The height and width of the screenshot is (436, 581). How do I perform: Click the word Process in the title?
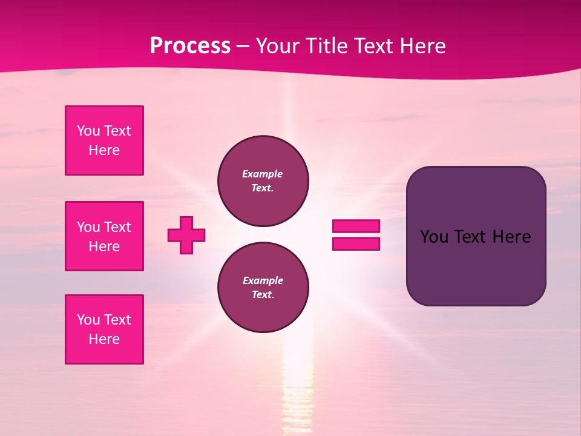pyautogui.click(x=190, y=46)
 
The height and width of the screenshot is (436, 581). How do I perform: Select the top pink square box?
pyautogui.click(x=104, y=140)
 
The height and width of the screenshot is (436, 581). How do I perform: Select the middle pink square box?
pyautogui.click(x=104, y=236)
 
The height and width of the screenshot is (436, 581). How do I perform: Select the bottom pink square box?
pyautogui.click(x=104, y=329)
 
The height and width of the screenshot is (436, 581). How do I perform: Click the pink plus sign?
pyautogui.click(x=186, y=235)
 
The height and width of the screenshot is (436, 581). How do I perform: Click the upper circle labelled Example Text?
pyautogui.click(x=263, y=181)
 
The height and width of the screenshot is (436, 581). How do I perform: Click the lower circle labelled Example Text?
pyautogui.click(x=263, y=288)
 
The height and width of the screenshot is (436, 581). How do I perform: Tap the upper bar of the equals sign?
pyautogui.click(x=356, y=226)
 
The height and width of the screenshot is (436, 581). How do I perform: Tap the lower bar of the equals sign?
pyautogui.click(x=356, y=243)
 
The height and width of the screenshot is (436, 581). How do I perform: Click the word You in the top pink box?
pyautogui.click(x=88, y=131)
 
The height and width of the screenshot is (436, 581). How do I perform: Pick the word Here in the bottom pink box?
pyautogui.click(x=104, y=339)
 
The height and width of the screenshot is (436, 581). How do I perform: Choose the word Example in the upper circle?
pyautogui.click(x=263, y=174)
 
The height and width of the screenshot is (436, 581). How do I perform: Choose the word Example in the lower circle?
pyautogui.click(x=263, y=280)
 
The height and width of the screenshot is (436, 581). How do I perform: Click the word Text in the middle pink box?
pyautogui.click(x=117, y=227)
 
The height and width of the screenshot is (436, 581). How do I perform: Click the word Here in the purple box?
pyautogui.click(x=511, y=237)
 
